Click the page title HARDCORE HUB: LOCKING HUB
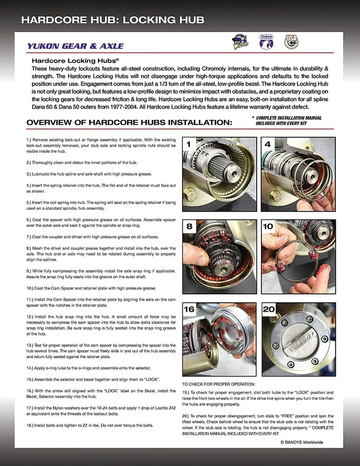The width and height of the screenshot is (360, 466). (x=113, y=20)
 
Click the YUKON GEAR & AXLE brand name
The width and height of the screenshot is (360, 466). (x=75, y=47)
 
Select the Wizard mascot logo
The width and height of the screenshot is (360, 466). (x=241, y=43)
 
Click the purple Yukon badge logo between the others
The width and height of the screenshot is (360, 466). (x=266, y=42)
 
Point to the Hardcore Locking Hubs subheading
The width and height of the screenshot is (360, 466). (x=75, y=61)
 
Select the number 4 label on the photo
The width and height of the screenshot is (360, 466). (x=268, y=144)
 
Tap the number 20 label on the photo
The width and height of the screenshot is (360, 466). (x=269, y=309)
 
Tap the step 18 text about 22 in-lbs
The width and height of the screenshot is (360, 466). (x=90, y=425)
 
